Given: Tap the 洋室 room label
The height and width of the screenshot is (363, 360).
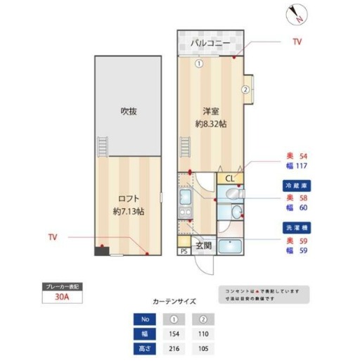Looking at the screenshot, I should click(x=210, y=112).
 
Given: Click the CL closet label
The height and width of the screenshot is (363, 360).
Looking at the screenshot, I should click(x=230, y=179).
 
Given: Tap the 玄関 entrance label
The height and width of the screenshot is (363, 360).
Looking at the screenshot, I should click(x=204, y=246).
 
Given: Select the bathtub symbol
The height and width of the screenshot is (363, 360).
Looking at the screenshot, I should click(x=231, y=247).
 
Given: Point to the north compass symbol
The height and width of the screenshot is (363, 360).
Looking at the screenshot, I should click(x=295, y=13).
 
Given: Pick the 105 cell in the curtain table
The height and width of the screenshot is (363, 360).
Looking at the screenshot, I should click(x=204, y=348).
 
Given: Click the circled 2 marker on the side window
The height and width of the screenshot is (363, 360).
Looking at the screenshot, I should click(x=245, y=89).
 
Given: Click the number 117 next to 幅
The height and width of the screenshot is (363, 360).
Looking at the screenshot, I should click(x=304, y=166).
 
